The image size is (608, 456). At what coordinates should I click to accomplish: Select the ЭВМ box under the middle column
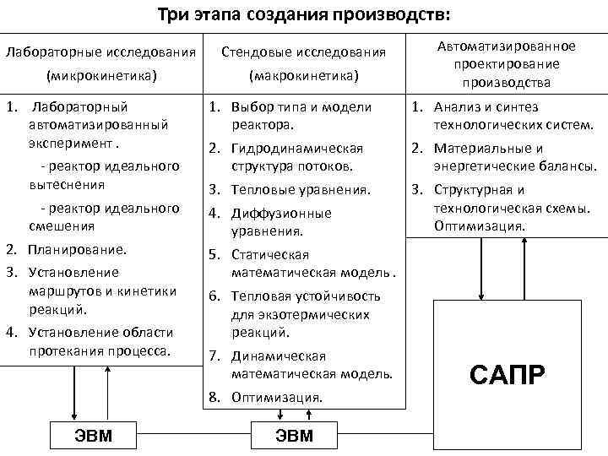(295, 435)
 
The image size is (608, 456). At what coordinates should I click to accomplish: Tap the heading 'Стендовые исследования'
(304, 52)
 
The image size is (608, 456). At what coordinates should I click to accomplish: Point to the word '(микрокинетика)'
(101, 76)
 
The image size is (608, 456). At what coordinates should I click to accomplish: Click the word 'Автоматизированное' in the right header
(507, 46)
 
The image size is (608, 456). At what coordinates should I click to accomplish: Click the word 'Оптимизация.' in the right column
(480, 225)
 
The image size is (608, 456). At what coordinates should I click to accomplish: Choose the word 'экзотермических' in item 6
(301, 314)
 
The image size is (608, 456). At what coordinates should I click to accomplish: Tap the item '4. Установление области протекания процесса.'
(95, 339)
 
